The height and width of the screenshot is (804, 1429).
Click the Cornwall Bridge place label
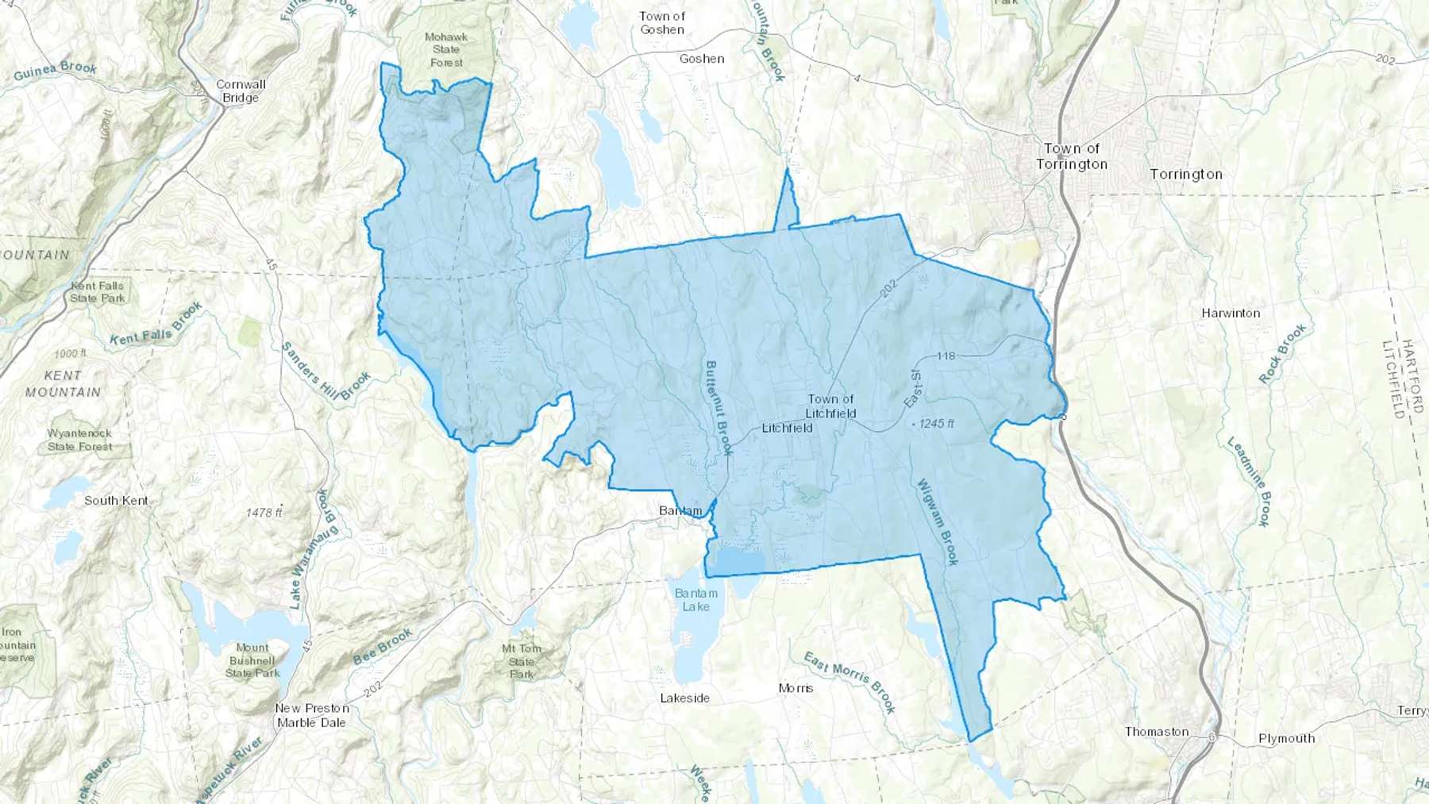(x=241, y=91)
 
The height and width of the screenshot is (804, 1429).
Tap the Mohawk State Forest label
(x=446, y=49)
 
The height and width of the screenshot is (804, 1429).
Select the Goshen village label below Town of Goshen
(x=701, y=59)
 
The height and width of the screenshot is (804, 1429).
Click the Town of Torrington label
(x=1071, y=156)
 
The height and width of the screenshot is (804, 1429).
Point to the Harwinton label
(x=1231, y=314)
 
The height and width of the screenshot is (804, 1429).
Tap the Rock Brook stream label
(x=1282, y=354)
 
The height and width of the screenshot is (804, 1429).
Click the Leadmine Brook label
(x=1250, y=481)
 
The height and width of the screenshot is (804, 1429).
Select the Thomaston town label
(x=1157, y=732)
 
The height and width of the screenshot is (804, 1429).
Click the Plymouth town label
(x=1286, y=738)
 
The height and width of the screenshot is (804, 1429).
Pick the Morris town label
(x=795, y=688)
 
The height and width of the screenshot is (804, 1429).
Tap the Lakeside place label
(x=685, y=698)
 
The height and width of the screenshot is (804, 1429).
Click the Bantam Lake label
(x=696, y=600)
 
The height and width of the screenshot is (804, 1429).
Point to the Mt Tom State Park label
(x=521, y=661)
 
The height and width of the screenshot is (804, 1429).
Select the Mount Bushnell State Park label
(x=252, y=660)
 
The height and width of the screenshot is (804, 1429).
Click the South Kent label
(x=116, y=501)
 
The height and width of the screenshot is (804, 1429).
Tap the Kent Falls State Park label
(x=97, y=292)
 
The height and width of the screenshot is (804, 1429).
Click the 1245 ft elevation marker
(x=935, y=424)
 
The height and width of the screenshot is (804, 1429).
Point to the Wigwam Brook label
(x=938, y=521)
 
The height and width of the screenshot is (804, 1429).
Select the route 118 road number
(x=946, y=356)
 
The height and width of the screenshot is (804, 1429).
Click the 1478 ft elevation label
(x=264, y=513)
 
